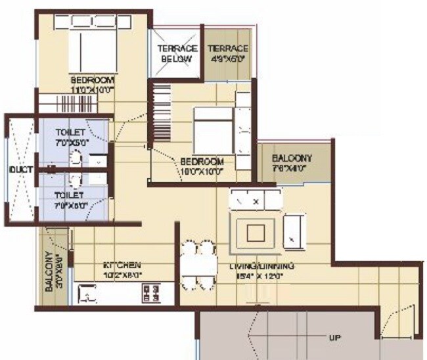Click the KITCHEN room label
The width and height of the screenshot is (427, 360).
point(122,266)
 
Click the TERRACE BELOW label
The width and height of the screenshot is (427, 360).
point(175,53)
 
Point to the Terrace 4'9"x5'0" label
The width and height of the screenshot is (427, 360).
point(227,49)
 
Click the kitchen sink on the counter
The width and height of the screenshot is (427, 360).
point(88,295)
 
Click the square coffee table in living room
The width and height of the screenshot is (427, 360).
point(256,232)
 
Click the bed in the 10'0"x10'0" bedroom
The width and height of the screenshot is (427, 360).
point(212,129)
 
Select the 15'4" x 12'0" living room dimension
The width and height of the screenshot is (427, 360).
point(260,276)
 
